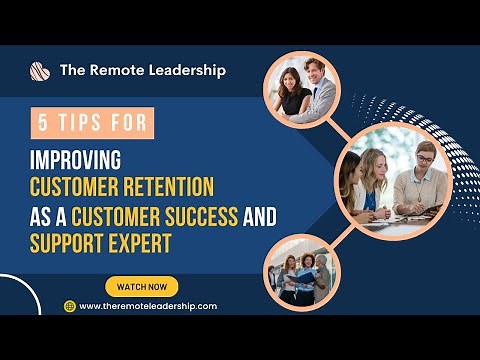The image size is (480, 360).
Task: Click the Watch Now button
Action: pyautogui.click(x=141, y=286)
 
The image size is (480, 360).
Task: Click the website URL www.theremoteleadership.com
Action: pyautogui.click(x=147, y=306)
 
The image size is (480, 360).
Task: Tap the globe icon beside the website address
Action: pyautogui.click(x=70, y=306)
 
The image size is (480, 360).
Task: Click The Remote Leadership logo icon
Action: pyautogui.click(x=40, y=71)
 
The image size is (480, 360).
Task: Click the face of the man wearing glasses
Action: pyautogui.click(x=424, y=158)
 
